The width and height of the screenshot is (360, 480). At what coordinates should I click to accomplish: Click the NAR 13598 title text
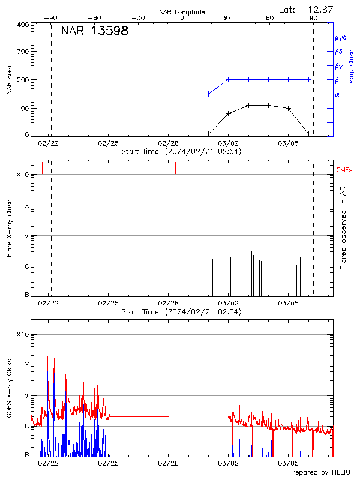tap(94, 32)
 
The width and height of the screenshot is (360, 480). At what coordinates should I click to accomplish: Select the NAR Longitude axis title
tap(182, 12)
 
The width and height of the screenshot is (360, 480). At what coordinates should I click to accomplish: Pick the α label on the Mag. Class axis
tap(337, 94)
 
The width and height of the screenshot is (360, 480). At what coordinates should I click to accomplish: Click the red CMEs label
tap(345, 170)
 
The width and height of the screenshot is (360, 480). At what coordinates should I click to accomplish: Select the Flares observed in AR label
tap(343, 228)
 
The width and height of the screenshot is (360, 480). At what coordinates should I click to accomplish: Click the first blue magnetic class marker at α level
tap(208, 94)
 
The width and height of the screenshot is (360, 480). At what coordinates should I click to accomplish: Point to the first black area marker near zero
tap(208, 134)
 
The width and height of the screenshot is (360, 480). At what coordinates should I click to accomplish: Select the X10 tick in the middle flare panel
tap(22, 175)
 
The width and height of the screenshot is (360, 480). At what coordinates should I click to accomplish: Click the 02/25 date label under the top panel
tap(108, 144)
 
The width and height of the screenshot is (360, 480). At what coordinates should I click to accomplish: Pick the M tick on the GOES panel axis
tap(26, 396)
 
